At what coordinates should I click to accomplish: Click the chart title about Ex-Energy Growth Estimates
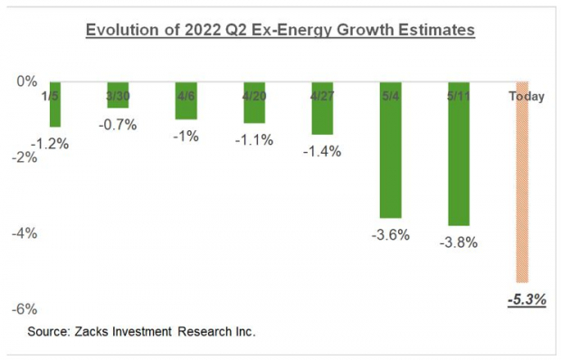click(x=280, y=31)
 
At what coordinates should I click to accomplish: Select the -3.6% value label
click(x=391, y=235)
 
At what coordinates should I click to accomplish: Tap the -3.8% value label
click(x=458, y=242)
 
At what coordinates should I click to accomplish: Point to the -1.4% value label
click(x=323, y=151)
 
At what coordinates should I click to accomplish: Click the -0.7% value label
click(x=119, y=125)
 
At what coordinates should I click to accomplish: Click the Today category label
click(x=526, y=96)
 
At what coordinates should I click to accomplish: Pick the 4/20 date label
click(x=256, y=95)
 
